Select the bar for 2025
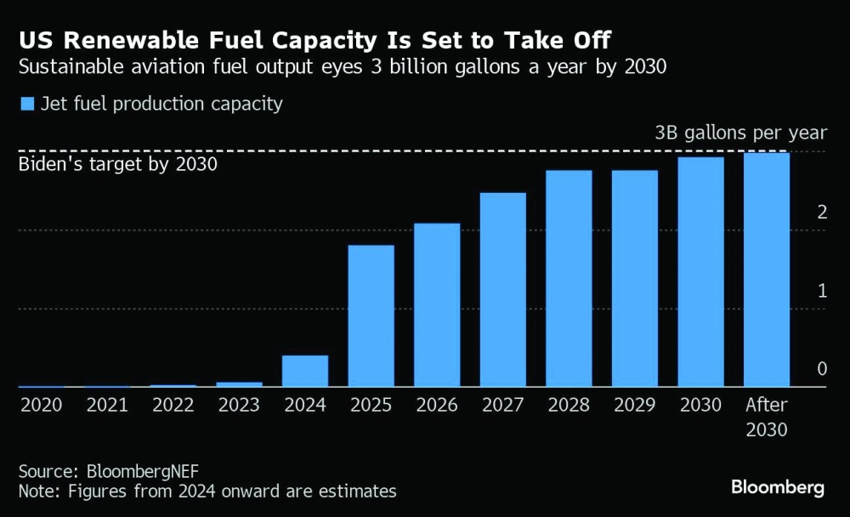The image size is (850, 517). point(371,315)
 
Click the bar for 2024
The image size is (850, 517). point(305,371)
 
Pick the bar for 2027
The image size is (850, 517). point(503,289)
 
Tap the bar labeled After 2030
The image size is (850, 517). point(767,270)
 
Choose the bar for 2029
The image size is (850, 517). point(635,278)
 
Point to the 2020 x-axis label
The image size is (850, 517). point(42,406)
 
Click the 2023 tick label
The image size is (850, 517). point(240,406)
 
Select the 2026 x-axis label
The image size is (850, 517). point(437,406)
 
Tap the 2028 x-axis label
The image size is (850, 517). point(569,406)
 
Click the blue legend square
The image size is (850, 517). point(26,104)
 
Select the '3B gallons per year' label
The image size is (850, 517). point(740,133)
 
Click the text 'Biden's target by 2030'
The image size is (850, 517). point(118,163)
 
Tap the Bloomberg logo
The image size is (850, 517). point(777,487)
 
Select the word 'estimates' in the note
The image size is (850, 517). point(355,491)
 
